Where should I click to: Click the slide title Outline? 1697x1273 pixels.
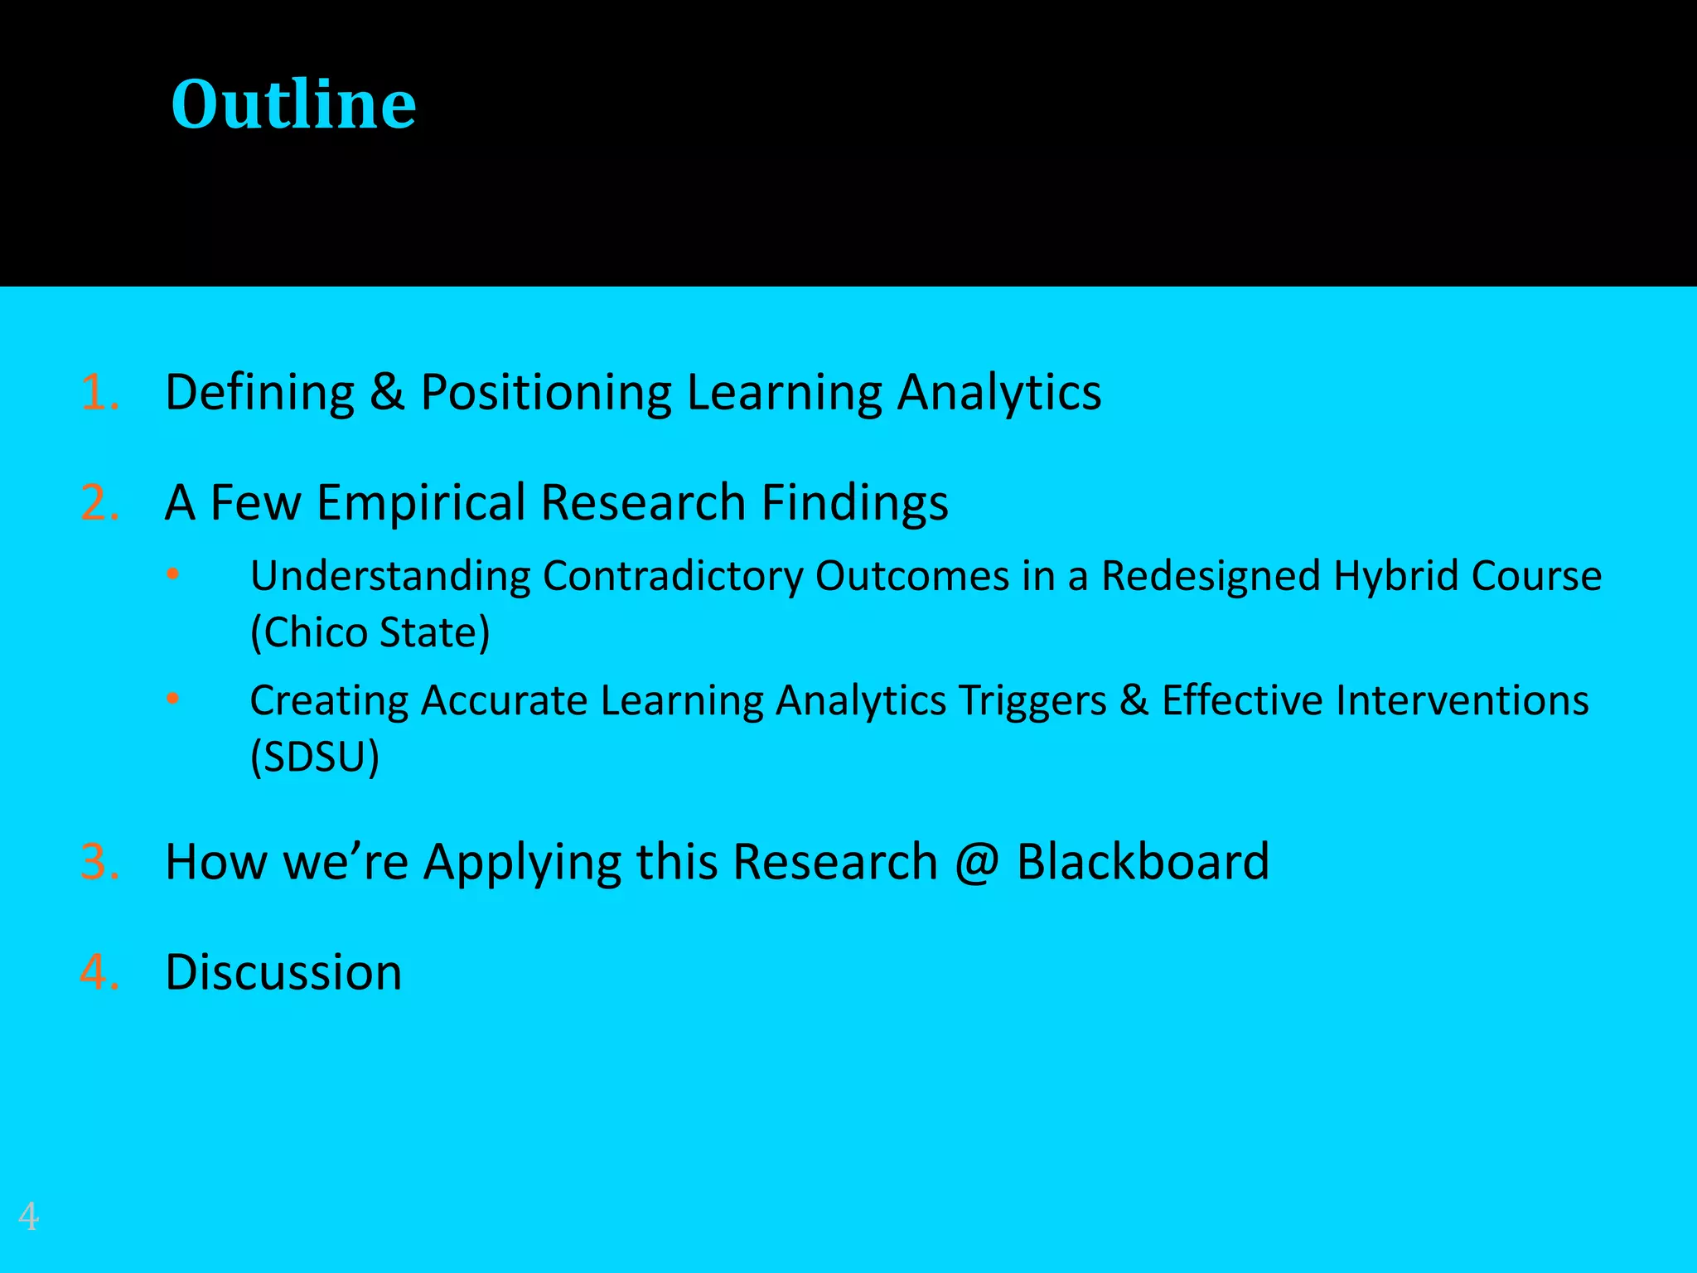(293, 104)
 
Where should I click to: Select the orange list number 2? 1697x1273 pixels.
(99, 502)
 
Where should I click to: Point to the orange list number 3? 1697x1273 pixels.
(99, 861)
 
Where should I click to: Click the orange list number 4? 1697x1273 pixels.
(99, 971)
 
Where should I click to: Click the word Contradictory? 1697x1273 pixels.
(672, 575)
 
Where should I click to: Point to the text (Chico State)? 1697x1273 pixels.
(370, 632)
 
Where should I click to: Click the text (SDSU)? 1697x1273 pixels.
(315, 756)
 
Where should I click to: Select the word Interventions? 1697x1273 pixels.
(1375, 700)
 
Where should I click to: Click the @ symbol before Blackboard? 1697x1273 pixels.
(976, 863)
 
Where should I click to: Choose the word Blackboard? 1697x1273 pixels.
(1143, 861)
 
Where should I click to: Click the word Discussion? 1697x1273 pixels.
(283, 971)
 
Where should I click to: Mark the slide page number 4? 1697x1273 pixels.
(28, 1217)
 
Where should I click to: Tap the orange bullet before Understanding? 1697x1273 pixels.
(172, 574)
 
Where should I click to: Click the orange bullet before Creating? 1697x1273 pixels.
(172, 699)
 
